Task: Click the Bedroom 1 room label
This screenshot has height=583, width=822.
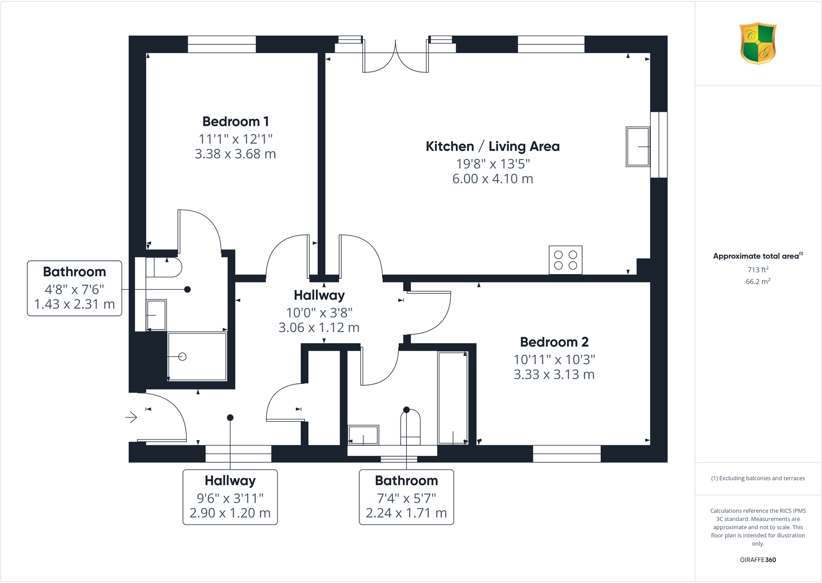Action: coord(235,122)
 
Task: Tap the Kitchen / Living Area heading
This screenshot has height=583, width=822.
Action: coord(492,146)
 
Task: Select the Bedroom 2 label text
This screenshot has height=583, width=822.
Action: coord(554,342)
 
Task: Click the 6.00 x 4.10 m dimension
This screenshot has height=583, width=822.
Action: coord(492,179)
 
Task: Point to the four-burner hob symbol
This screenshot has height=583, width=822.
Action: coord(565,260)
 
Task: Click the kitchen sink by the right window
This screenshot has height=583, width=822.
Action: coord(637,147)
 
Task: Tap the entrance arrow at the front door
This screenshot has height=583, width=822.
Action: coord(131,417)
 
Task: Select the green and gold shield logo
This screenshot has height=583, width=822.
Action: coord(757,43)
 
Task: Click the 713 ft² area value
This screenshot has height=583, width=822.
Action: coord(757,270)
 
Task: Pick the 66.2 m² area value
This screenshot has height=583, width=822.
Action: coord(757,281)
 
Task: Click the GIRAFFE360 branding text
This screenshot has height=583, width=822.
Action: coord(757,560)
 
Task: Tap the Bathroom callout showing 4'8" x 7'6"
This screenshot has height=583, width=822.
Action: coord(74,288)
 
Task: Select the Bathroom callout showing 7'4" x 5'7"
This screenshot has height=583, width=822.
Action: coord(406,497)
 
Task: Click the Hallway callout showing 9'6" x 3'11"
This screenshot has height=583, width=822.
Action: coord(230,497)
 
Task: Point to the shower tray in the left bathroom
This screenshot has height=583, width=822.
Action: coord(197,356)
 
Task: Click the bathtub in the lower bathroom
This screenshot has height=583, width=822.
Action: coord(453,397)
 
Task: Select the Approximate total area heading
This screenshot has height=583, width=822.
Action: coord(757,256)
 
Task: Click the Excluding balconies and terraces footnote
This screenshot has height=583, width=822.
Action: coord(757,478)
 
